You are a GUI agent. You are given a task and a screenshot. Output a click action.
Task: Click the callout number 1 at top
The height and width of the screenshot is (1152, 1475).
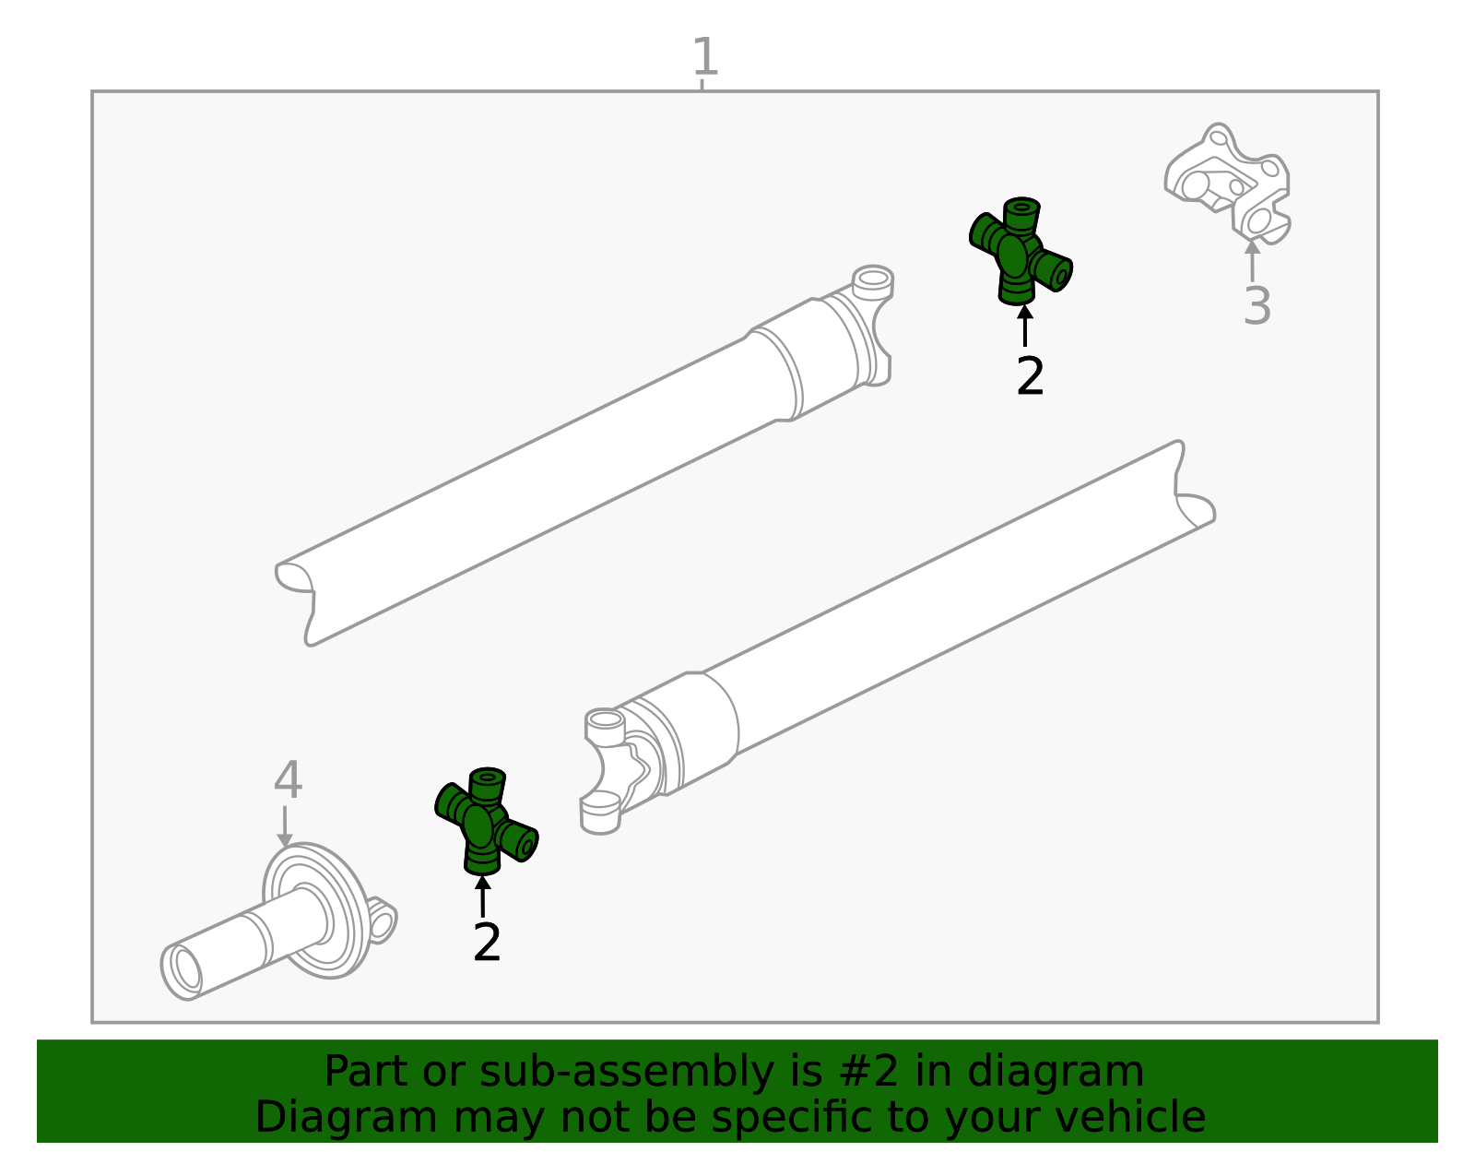pyautogui.click(x=704, y=57)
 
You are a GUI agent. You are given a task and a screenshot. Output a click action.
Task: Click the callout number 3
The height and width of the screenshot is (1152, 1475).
pyautogui.click(x=1257, y=306)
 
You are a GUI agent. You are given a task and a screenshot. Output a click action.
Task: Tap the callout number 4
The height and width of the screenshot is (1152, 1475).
pyautogui.click(x=288, y=781)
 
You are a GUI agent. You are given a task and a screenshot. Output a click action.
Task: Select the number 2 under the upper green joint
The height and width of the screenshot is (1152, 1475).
pyautogui.click(x=1030, y=376)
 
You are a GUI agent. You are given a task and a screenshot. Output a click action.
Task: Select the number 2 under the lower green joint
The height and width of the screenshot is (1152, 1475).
pyautogui.click(x=487, y=943)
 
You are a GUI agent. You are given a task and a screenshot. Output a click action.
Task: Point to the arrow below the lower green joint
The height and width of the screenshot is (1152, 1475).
pyautogui.click(x=482, y=896)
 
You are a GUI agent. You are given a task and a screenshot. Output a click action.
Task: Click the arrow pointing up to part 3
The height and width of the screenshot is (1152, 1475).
pyautogui.click(x=1252, y=260)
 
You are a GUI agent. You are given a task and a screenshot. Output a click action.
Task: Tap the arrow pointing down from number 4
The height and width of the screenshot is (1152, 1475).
pyautogui.click(x=285, y=825)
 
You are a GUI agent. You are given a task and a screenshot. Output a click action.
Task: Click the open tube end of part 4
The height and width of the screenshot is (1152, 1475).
pyautogui.click(x=184, y=972)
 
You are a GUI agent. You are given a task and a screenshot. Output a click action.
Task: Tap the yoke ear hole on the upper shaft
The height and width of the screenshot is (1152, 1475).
pyautogui.click(x=872, y=278)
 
